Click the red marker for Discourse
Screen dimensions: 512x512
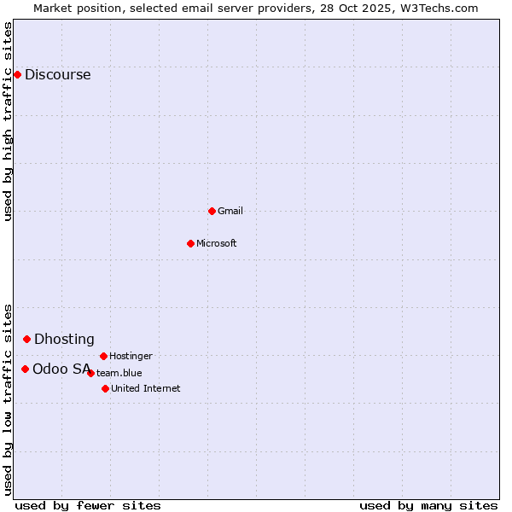click(17, 74)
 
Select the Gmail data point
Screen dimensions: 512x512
click(212, 211)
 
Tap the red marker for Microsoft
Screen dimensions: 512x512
click(190, 243)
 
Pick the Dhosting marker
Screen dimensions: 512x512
click(26, 339)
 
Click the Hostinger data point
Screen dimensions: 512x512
click(103, 356)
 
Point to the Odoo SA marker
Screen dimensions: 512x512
click(25, 369)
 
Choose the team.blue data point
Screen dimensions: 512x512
click(90, 373)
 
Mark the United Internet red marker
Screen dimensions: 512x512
click(105, 388)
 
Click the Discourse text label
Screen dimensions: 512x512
click(58, 75)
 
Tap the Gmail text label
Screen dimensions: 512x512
click(230, 211)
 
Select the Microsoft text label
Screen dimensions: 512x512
click(217, 243)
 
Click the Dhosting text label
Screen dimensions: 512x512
click(64, 340)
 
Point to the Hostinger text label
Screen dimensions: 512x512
click(131, 356)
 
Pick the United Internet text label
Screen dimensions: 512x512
click(146, 388)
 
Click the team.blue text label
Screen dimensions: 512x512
click(119, 373)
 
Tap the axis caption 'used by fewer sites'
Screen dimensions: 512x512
click(88, 505)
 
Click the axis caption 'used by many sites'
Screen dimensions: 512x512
click(428, 505)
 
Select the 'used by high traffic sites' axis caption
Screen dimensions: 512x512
click(9, 121)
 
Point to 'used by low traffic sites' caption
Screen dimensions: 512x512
click(9, 399)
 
